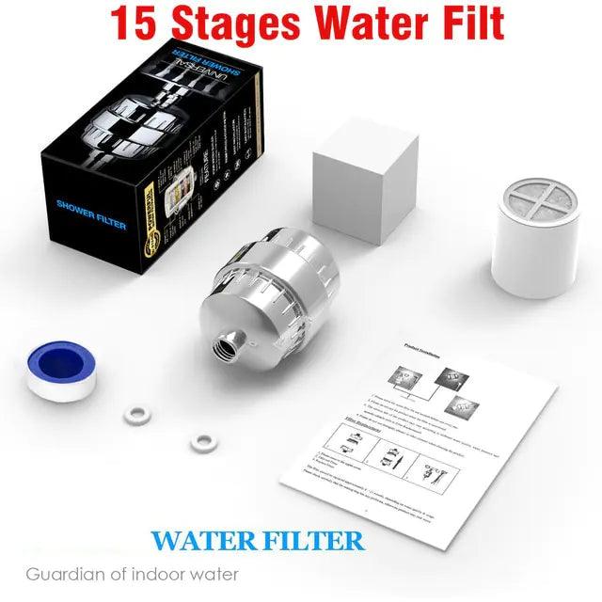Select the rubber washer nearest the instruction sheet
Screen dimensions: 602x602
pos(198,440)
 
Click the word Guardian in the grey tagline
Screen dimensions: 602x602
pos(62,573)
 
